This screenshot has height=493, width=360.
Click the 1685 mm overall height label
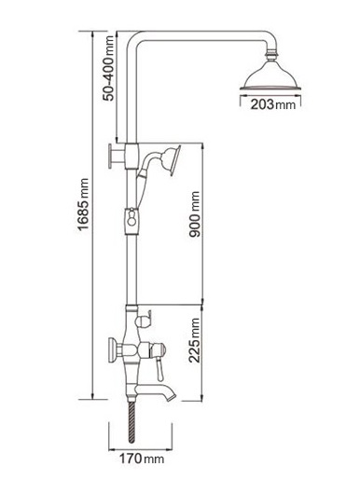pos(84,204)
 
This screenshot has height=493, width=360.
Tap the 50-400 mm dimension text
pos(109,68)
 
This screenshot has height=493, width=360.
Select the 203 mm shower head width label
pos(273,104)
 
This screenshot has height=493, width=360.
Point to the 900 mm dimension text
pos(194,213)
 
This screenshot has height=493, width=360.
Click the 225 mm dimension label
pos(194,340)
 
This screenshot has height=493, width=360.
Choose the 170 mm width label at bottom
pos(142,459)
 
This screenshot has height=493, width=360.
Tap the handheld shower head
pos(171,159)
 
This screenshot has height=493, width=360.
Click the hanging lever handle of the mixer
pos(159,370)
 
